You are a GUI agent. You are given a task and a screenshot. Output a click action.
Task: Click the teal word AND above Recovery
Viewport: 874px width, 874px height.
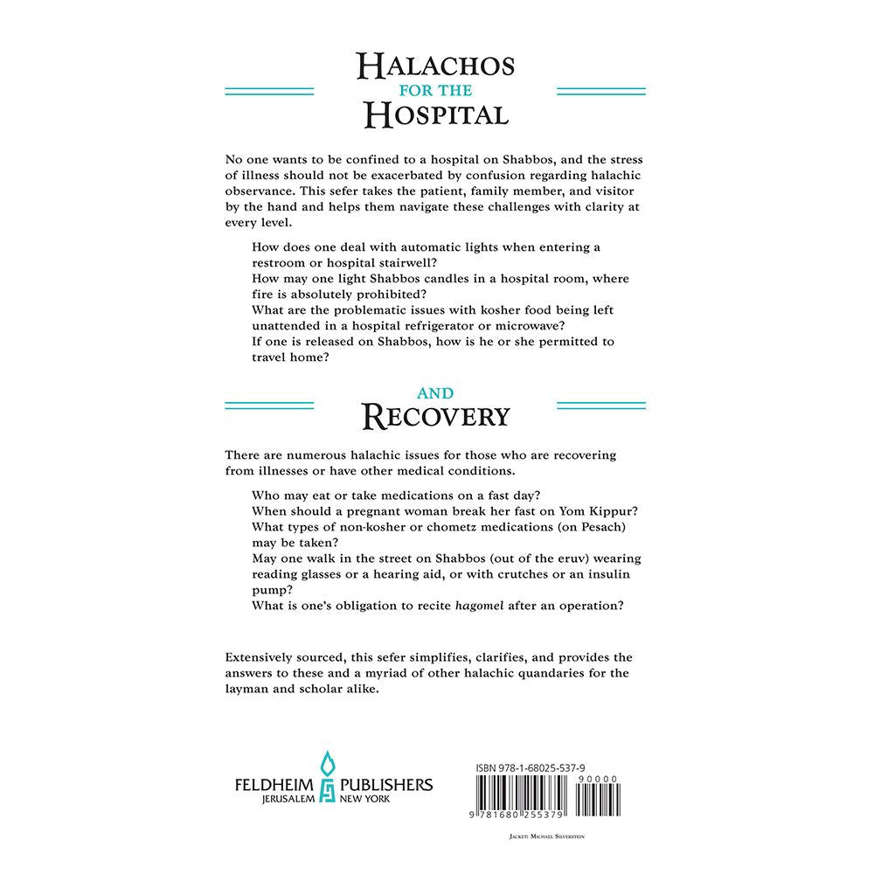[x=436, y=394]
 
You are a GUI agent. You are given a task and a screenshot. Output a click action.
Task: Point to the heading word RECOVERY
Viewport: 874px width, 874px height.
[x=436, y=417]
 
